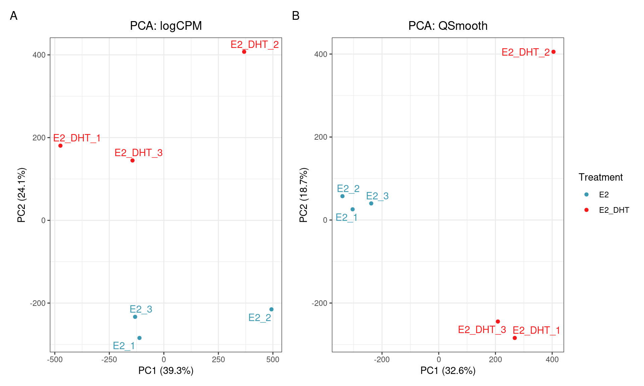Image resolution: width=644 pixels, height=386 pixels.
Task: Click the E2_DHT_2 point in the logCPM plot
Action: click(244, 52)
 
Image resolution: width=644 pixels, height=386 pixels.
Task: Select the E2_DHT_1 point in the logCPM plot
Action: click(60, 145)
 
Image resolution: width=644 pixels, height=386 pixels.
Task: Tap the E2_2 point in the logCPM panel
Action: click(271, 309)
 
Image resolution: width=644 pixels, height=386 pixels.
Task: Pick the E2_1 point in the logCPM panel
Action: click(140, 338)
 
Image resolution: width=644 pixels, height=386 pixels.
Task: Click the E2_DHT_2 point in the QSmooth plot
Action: click(553, 52)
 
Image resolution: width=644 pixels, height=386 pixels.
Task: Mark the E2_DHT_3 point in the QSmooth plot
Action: click(498, 321)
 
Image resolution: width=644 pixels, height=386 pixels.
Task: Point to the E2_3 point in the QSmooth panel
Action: click(371, 203)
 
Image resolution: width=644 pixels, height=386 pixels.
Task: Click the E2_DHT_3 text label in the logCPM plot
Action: click(139, 153)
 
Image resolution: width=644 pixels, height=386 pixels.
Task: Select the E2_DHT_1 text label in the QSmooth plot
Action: click(536, 330)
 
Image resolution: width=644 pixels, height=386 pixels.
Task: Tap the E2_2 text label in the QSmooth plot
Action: click(348, 189)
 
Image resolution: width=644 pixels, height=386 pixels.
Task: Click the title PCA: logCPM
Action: click(166, 26)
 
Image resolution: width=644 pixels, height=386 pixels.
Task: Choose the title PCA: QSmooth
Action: click(448, 26)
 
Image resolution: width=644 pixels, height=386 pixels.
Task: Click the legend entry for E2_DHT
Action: click(614, 210)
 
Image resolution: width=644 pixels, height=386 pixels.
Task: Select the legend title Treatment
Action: click(600, 177)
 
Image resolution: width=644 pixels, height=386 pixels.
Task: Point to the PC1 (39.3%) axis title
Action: click(166, 371)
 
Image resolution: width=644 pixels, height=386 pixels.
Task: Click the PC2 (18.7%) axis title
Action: click(304, 195)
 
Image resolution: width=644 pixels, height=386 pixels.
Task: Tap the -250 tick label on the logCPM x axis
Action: click(109, 360)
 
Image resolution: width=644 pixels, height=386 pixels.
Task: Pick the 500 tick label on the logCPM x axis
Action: click(273, 360)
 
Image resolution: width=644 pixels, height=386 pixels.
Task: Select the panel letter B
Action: click(296, 16)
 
